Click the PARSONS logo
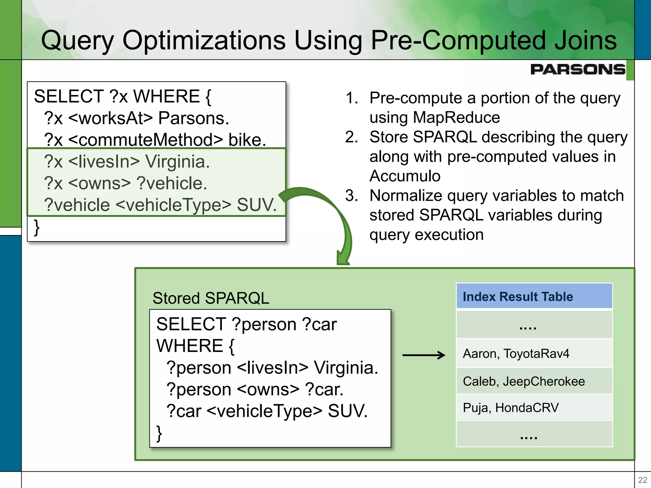point(578,69)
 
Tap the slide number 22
point(642,480)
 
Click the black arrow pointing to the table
point(424,355)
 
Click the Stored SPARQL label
point(211,298)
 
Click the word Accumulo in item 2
point(405,176)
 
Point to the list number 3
point(351,196)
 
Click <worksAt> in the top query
point(110,118)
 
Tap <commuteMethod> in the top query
point(146,140)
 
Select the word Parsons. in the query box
point(194,118)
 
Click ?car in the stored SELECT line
point(319,324)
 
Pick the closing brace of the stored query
point(159,433)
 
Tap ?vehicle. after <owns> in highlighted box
point(172,183)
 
